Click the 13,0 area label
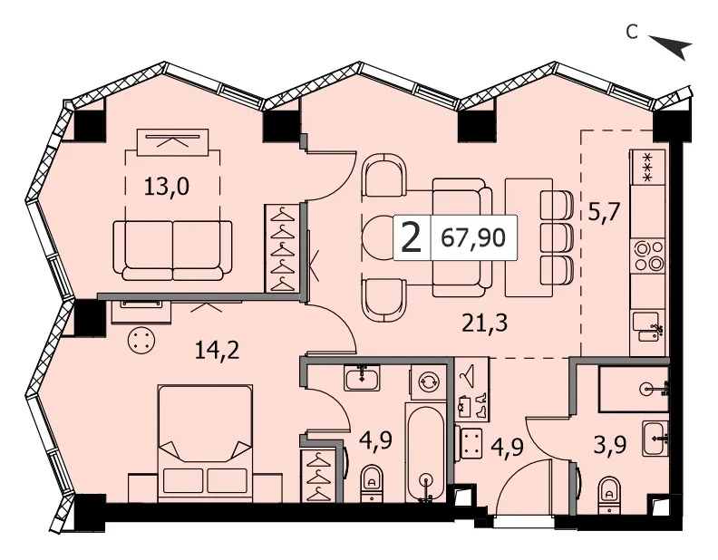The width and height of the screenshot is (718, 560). pos(167,188)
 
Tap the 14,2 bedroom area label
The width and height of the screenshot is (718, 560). pos(217,351)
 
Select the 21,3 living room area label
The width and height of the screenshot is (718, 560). pos(485,323)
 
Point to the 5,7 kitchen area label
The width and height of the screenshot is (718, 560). pos(604,212)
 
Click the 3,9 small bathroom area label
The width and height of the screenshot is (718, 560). pos(609,444)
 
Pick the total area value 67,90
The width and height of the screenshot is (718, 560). pos(473,238)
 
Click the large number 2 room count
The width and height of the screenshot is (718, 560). pos(411,238)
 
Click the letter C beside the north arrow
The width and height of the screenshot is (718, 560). pos(633,33)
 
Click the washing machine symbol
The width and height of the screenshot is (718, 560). pos(428,381)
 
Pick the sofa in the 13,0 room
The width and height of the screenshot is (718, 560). pos(172,250)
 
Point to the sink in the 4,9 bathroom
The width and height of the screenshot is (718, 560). pos(363,378)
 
